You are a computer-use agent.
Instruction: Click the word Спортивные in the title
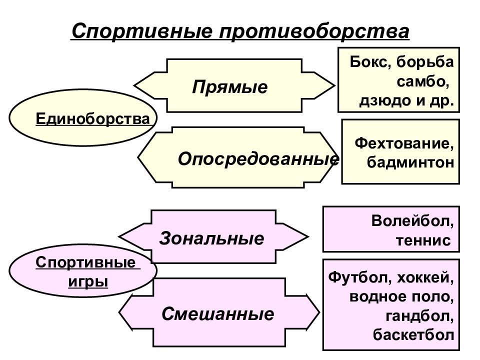pos(142,31)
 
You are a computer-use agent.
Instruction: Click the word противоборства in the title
pos(314,31)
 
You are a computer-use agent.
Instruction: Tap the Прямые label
pos(229,87)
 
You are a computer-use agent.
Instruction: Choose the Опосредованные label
pos(258,159)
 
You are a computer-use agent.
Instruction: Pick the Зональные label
pos(211,238)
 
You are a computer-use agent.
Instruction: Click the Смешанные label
pos(217,314)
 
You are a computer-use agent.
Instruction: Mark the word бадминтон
pos(410,162)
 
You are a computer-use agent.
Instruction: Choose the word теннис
pos(423,240)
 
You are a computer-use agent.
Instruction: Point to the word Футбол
pos(360,277)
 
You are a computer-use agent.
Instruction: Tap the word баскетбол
pos(413,335)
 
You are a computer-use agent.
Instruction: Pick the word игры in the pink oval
pos(88,281)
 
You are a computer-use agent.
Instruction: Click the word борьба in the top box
pos(425,62)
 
